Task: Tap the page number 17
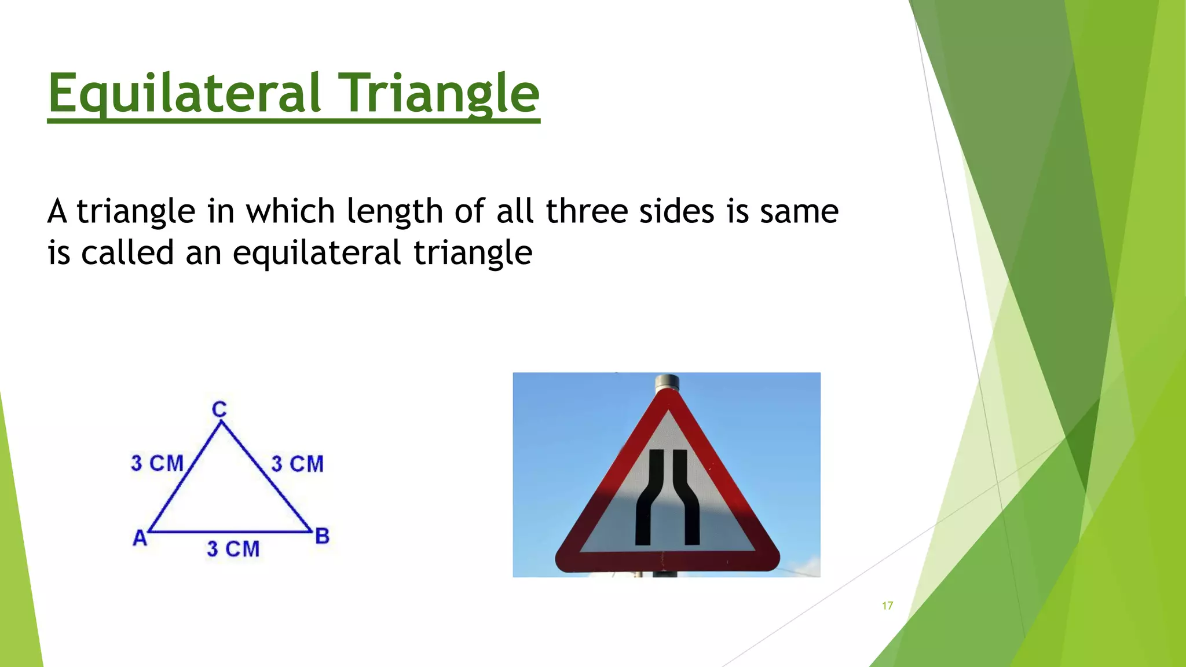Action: (887, 606)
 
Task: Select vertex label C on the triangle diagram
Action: (219, 409)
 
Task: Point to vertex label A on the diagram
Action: (140, 538)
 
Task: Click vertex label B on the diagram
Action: (322, 536)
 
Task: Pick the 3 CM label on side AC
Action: (157, 463)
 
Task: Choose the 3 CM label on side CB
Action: (297, 464)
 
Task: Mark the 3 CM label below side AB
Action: (233, 549)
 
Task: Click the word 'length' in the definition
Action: (395, 212)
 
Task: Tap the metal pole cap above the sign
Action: (667, 383)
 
